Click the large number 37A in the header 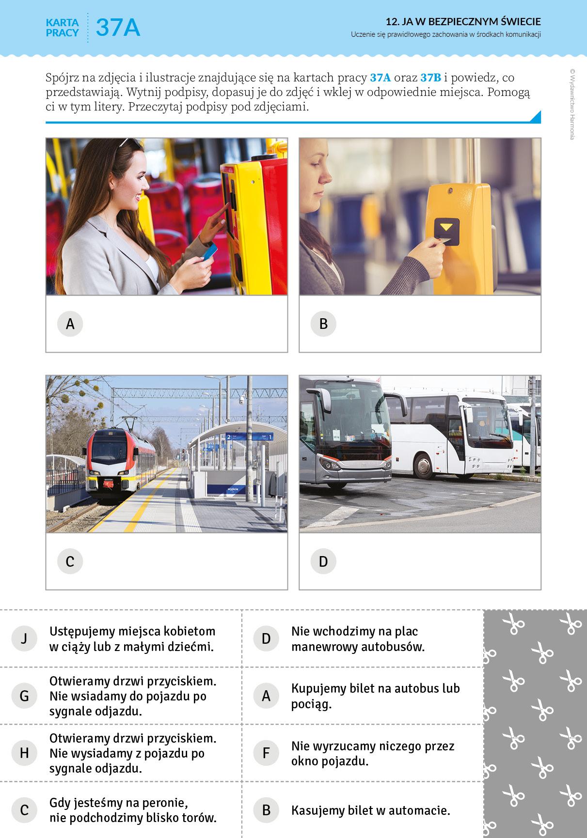pyautogui.click(x=118, y=27)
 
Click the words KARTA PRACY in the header pyautogui.click(x=63, y=27)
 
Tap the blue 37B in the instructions pyautogui.click(x=431, y=78)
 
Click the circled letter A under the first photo pyautogui.click(x=70, y=324)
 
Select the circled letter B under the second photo pyautogui.click(x=323, y=324)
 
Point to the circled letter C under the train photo pyautogui.click(x=70, y=561)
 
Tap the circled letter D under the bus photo pyautogui.click(x=323, y=561)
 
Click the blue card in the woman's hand pyautogui.click(x=210, y=251)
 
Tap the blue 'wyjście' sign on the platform pyautogui.click(x=233, y=489)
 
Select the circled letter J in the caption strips pyautogui.click(x=24, y=638)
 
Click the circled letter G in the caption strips pyautogui.click(x=24, y=696)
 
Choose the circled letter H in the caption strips pyautogui.click(x=24, y=753)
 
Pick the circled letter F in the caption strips pyautogui.click(x=266, y=753)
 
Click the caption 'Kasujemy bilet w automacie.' pyautogui.click(x=371, y=810)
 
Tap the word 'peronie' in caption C pyautogui.click(x=163, y=803)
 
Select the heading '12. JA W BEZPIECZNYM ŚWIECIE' pyautogui.click(x=463, y=21)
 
